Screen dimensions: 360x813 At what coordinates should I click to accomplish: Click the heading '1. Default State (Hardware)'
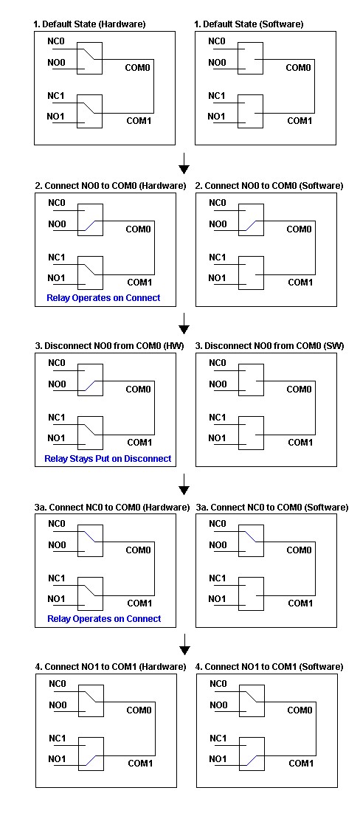click(x=89, y=24)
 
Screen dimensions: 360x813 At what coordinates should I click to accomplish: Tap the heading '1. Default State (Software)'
click(x=249, y=24)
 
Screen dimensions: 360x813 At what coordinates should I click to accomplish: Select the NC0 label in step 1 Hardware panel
click(x=56, y=41)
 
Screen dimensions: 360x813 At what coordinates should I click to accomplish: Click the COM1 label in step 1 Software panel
click(x=300, y=121)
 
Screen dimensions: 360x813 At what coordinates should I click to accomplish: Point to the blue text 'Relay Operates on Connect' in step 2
click(x=103, y=297)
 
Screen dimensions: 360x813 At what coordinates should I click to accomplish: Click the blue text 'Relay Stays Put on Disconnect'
click(x=108, y=458)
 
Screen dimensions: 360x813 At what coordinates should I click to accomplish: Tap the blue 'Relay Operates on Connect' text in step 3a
click(x=104, y=618)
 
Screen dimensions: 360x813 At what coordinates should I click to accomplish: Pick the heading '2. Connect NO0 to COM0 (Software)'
click(x=269, y=186)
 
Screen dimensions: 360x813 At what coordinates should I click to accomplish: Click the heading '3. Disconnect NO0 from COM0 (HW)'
click(x=109, y=346)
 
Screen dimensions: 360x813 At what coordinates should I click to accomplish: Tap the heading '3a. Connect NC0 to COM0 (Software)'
click(x=272, y=507)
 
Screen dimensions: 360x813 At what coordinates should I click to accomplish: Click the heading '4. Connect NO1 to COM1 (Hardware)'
click(x=111, y=667)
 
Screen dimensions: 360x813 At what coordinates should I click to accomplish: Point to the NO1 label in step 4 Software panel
click(x=218, y=759)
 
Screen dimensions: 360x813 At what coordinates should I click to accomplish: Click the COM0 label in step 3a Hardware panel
click(x=139, y=550)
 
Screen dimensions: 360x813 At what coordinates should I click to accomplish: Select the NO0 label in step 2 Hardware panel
click(x=57, y=224)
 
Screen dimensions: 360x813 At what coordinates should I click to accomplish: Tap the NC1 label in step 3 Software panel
click(x=218, y=418)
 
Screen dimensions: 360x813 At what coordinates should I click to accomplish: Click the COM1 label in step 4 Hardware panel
click(x=141, y=764)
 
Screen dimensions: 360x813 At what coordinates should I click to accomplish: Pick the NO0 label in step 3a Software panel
click(x=218, y=545)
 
